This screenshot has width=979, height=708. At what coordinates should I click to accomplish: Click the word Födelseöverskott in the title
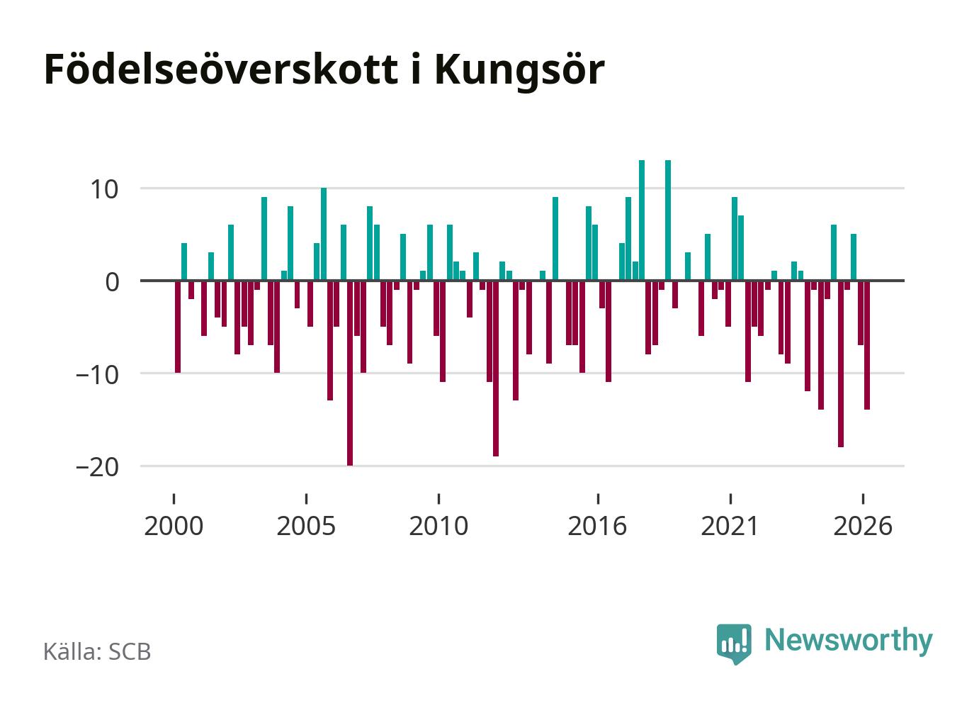coord(221,69)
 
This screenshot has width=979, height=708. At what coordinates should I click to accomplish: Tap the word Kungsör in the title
coord(520,72)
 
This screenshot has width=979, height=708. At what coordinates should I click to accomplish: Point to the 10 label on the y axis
coord(104,190)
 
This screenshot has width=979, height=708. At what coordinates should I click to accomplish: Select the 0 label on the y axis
coord(113,282)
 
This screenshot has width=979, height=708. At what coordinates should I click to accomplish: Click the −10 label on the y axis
coord(97,375)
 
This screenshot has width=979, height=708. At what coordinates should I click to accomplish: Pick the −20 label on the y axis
coord(97,468)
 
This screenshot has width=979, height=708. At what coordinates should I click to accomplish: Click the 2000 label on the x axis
coord(174,526)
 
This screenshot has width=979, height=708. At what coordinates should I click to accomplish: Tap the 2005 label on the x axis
coord(306,526)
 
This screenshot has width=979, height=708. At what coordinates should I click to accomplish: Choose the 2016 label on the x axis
coord(597,526)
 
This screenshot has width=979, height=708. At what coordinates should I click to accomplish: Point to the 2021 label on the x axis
coord(730,526)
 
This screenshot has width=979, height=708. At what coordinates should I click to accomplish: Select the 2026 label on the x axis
coord(863,526)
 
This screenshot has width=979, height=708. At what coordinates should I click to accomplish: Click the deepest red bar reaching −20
coord(350,373)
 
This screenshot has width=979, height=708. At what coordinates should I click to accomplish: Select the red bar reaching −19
coord(496,369)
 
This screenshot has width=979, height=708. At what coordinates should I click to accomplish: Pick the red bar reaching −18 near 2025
coord(840,364)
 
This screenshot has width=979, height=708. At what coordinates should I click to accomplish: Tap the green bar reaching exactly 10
coord(324,234)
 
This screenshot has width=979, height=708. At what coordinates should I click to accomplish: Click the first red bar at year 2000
coord(177,327)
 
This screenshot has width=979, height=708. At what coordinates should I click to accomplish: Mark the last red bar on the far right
coord(866,345)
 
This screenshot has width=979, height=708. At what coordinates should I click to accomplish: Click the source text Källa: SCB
coord(97,652)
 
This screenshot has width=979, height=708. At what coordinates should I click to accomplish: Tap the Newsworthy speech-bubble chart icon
coord(734,644)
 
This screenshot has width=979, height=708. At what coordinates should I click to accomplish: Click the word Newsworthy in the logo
coord(849,641)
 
